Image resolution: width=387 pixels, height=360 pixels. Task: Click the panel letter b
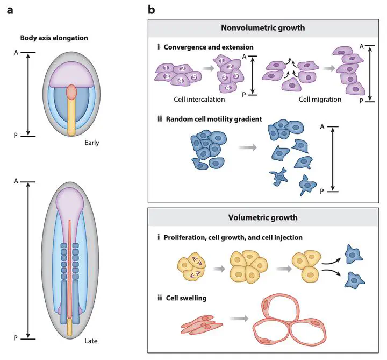click(152, 9)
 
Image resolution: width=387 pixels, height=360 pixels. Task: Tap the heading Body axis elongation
click(54, 38)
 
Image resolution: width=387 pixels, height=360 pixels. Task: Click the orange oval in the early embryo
click(71, 93)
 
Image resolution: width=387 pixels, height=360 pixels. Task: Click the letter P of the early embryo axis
click(16, 137)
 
